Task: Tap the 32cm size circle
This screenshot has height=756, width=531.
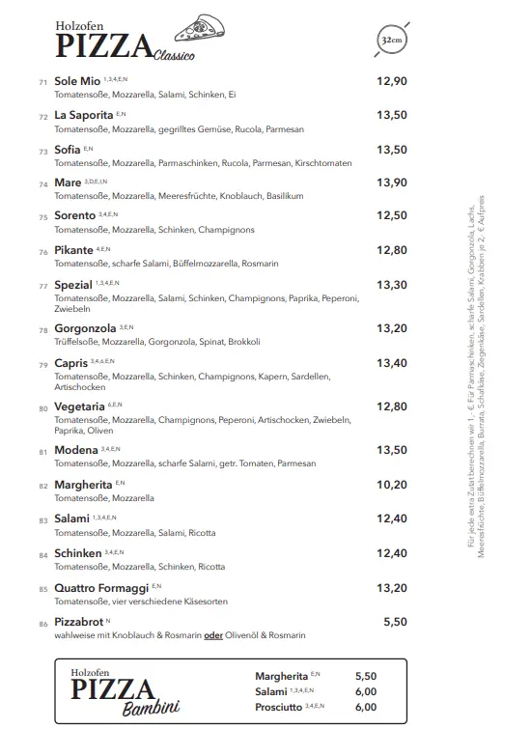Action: (x=391, y=41)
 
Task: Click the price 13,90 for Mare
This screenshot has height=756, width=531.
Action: (x=391, y=182)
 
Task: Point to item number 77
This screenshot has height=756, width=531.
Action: (x=43, y=286)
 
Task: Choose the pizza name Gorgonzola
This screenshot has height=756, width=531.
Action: (x=85, y=328)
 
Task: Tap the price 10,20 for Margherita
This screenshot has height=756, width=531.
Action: (x=391, y=485)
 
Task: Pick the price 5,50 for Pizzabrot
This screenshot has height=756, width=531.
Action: (x=395, y=622)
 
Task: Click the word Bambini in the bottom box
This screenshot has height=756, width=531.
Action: (x=151, y=711)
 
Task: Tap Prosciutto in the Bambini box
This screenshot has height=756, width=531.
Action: (x=278, y=707)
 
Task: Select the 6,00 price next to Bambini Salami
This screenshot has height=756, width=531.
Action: (x=366, y=691)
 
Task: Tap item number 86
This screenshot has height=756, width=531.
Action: (x=43, y=624)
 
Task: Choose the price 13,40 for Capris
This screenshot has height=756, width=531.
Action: (x=391, y=363)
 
